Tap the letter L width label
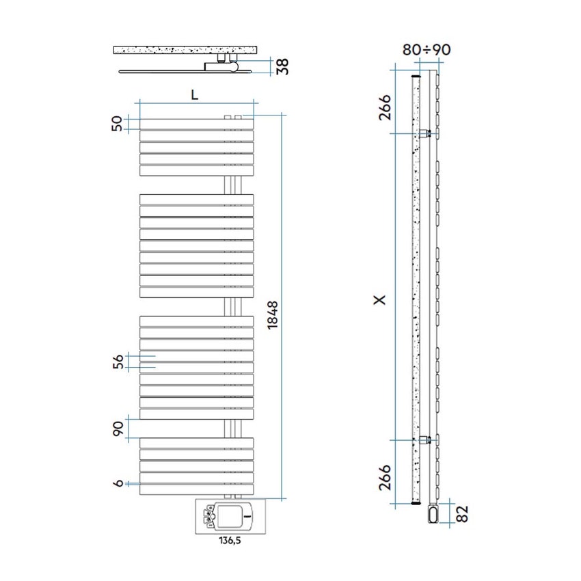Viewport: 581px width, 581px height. [x=195, y=96]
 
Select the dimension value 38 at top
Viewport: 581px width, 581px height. [x=282, y=66]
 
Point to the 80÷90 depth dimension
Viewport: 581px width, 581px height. [x=427, y=50]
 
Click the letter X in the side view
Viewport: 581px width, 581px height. [x=381, y=299]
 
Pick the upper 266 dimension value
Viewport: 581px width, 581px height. [x=384, y=108]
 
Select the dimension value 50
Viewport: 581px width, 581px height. [x=117, y=124]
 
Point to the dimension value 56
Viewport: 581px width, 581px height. [x=117, y=362]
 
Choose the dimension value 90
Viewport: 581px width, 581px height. [x=117, y=429]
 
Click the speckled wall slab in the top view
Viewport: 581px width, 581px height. [x=186, y=51]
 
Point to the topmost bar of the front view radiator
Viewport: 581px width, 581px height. [x=196, y=124]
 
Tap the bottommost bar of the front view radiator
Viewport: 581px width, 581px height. [x=196, y=489]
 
